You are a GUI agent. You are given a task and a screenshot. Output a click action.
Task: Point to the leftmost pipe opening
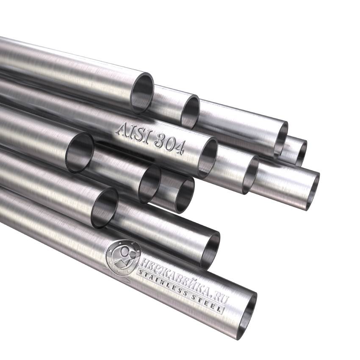tap(80, 152)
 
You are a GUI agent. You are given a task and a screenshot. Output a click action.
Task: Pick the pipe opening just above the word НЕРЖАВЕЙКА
tap(210, 250)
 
